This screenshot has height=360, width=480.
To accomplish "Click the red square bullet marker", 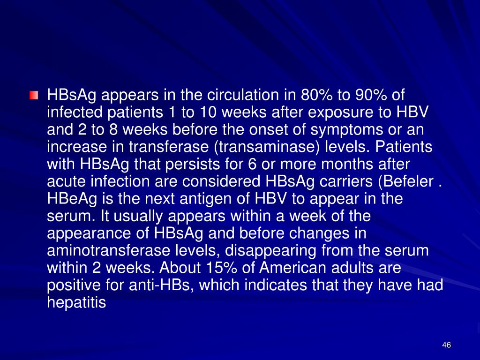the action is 34,95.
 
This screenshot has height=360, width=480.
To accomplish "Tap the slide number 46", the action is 446,345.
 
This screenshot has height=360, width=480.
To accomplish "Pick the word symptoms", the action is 346,130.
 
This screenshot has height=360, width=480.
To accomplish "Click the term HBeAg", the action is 72,199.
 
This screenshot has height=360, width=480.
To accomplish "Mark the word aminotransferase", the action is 108,250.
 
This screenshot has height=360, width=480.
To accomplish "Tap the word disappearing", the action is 270,250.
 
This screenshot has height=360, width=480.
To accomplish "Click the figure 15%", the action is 222,268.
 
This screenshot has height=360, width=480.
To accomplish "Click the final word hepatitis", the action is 76,302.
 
